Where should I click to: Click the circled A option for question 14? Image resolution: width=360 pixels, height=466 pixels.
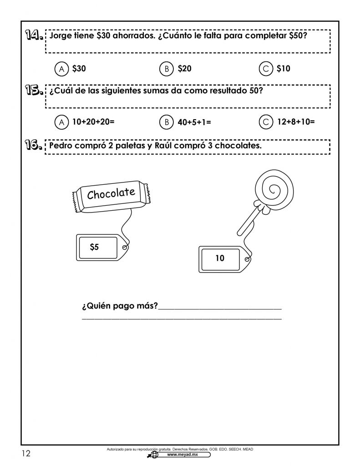[x=60, y=69]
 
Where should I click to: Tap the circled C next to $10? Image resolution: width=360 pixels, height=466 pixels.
[x=265, y=69]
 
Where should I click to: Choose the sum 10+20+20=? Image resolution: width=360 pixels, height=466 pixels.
[x=92, y=122]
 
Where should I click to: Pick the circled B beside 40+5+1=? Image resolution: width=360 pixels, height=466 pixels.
[x=167, y=122]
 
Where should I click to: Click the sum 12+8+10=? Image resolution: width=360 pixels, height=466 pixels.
[x=296, y=122]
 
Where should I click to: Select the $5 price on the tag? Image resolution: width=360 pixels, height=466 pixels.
[x=94, y=247]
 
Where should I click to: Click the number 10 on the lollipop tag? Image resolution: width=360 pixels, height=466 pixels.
[x=220, y=258]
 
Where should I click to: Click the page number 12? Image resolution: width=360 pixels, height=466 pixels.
[x=25, y=453]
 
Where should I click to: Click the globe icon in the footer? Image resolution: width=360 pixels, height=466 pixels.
[x=154, y=455]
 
